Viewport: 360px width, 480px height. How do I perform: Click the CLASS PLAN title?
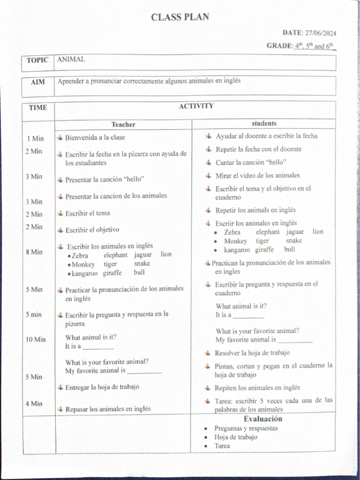coord(180,17)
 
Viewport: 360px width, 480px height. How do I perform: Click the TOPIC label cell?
coord(37,60)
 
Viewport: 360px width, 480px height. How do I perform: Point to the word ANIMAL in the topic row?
coord(71,60)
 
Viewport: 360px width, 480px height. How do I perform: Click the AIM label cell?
coord(38,82)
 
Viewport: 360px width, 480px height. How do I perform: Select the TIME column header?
coord(38,107)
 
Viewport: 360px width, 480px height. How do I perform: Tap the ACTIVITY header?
coord(196,106)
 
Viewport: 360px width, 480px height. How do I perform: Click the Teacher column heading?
coord(123,124)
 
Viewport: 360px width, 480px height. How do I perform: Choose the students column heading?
coord(264,124)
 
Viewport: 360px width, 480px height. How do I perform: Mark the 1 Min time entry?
coord(35,138)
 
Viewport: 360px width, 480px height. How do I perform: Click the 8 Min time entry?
coord(34,252)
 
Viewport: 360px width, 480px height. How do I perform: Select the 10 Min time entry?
coord(36,339)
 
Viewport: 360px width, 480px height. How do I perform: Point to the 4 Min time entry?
coord(34,404)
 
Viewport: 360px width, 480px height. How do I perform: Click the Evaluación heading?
coord(262,419)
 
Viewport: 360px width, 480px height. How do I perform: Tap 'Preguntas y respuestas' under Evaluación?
coord(246,428)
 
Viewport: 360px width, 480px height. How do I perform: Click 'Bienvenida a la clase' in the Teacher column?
coord(95,138)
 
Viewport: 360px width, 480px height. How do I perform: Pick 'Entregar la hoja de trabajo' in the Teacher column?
coord(102,387)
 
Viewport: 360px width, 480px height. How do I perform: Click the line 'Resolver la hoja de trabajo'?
coord(252,353)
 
